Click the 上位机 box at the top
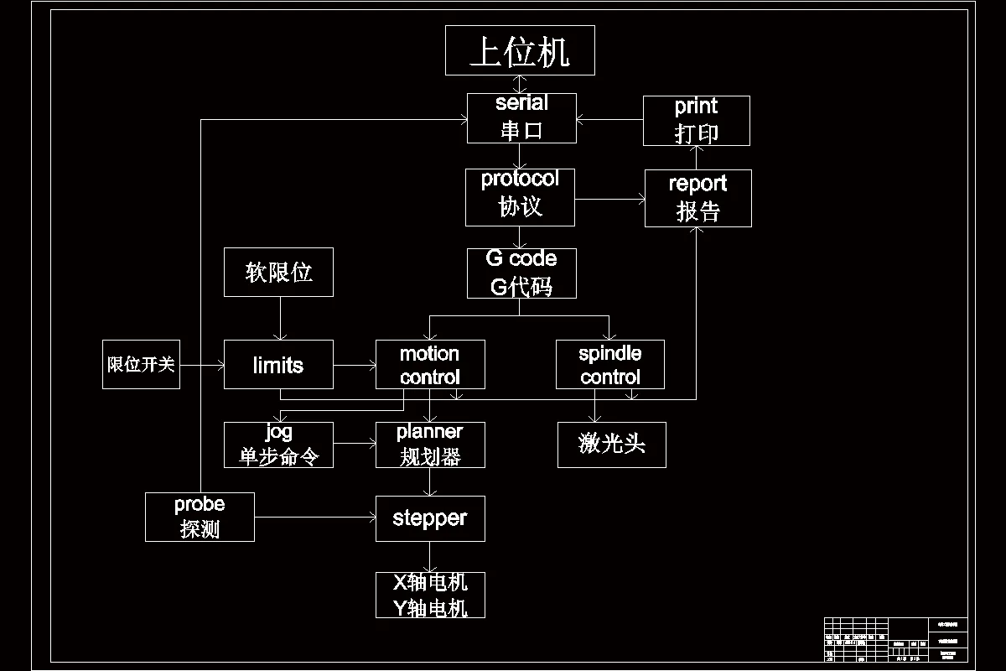point(520,50)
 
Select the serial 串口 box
point(521,118)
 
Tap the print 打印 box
point(696,121)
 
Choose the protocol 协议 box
point(520,197)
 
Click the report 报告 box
point(697,198)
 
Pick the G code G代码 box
point(521,273)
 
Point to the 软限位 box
point(278,272)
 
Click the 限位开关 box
point(141,365)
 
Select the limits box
point(278,365)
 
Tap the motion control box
point(429,365)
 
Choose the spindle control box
point(609,365)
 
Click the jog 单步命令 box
point(278,445)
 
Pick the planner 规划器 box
point(429,445)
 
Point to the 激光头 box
point(611,445)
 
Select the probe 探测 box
point(200,517)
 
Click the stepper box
point(429,518)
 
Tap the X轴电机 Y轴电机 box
point(429,595)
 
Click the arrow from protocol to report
point(609,200)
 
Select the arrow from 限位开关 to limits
point(201,365)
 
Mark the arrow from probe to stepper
point(314,518)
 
